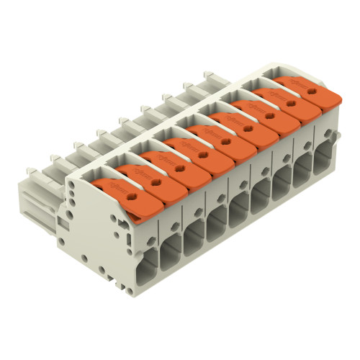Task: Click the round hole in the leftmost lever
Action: click(x=134, y=193)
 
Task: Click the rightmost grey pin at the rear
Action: click(x=210, y=75)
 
